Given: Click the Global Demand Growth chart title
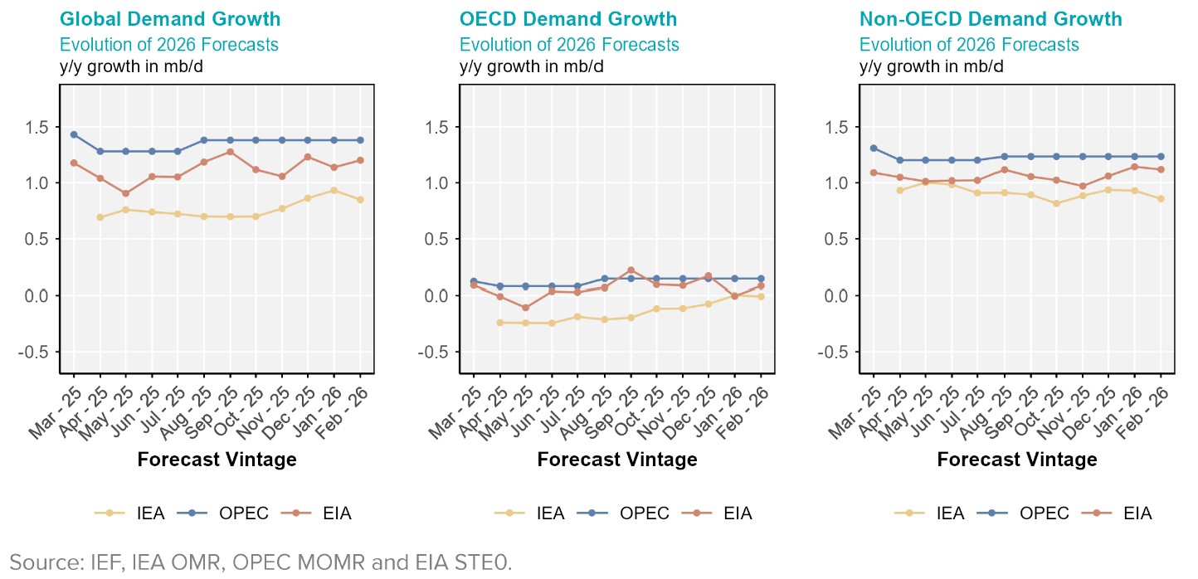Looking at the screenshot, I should click(170, 19).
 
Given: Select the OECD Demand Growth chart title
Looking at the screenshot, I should click(568, 19).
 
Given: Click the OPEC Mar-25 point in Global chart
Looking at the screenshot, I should click(74, 134).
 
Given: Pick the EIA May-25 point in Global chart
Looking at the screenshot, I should click(126, 193).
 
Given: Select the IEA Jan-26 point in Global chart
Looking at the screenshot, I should click(334, 190).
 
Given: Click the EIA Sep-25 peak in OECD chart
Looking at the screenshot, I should click(631, 270).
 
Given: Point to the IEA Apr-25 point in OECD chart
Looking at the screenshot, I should click(499, 323).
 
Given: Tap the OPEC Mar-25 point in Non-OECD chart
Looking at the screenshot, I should click(874, 148).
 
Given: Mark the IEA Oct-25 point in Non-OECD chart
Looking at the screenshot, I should click(1056, 203).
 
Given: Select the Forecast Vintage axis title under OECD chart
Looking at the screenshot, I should click(617, 460).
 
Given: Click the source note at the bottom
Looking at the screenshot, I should click(261, 562).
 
